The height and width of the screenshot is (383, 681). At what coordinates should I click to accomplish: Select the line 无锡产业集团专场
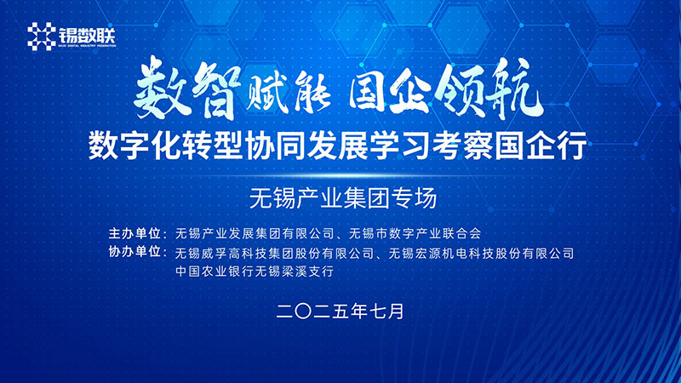pyautogui.click(x=341, y=199)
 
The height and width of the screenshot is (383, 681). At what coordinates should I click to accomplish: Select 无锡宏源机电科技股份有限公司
pyautogui.click(x=481, y=253)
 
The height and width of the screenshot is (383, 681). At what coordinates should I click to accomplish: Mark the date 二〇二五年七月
pyautogui.click(x=340, y=310)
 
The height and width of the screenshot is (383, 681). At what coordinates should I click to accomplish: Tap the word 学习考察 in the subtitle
pyautogui.click(x=443, y=146)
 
